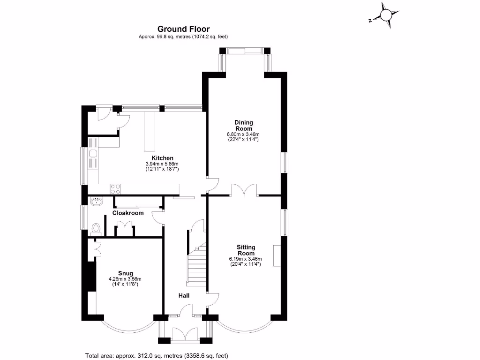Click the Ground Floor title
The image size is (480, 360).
[x=183, y=29]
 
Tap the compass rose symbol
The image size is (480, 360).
[x=386, y=15]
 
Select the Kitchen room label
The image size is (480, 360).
[x=162, y=158]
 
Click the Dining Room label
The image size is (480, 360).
[x=244, y=126]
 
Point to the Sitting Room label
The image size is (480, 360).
[x=246, y=250]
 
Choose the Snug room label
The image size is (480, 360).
[x=126, y=273]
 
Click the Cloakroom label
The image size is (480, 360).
[x=128, y=213]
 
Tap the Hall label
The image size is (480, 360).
[x=184, y=295]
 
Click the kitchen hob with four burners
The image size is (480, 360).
[x=115, y=189]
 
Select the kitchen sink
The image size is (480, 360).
[x=93, y=153]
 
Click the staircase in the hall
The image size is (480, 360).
[x=196, y=264]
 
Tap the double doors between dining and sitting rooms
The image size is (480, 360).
[x=244, y=190]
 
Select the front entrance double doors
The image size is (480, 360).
[x=186, y=333]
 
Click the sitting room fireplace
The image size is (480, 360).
[x=277, y=255]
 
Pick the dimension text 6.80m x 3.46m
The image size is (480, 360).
[x=243, y=134]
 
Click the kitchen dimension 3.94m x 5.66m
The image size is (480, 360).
[x=162, y=164]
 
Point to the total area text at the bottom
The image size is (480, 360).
[x=157, y=356]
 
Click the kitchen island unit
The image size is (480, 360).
[x=150, y=131]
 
